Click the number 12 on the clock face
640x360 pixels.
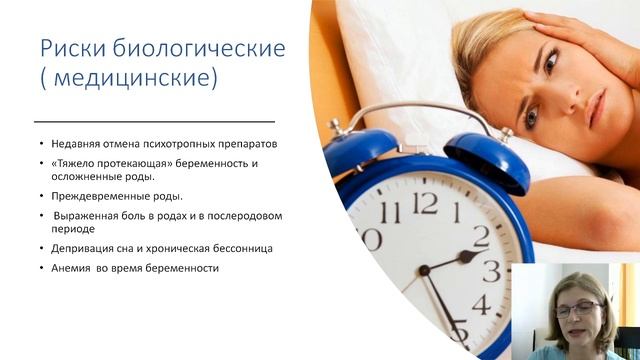click(425, 203)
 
